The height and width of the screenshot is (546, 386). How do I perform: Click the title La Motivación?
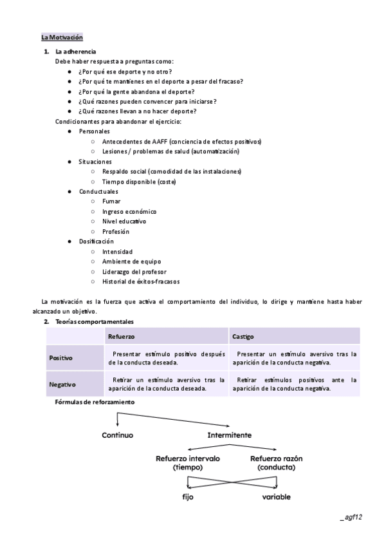(62, 37)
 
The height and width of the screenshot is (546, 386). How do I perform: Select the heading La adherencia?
(76, 51)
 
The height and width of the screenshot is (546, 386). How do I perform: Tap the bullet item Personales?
(94, 131)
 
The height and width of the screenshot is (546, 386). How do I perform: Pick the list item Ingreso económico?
(129, 211)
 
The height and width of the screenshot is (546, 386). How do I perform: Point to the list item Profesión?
(116, 231)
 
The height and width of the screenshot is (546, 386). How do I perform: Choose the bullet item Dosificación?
(96, 241)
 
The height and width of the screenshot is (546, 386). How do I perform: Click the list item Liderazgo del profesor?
(134, 271)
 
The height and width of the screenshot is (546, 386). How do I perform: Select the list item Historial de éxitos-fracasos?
(141, 281)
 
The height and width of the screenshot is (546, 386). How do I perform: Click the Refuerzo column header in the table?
(122, 336)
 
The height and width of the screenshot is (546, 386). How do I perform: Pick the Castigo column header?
(243, 336)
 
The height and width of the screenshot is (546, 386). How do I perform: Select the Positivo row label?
(61, 357)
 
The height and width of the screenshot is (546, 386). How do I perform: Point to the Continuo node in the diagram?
(117, 435)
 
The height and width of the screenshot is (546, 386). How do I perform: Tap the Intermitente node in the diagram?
(229, 435)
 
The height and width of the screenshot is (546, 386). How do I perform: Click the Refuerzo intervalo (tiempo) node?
(188, 463)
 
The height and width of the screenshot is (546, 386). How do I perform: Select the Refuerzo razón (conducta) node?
(276, 463)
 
